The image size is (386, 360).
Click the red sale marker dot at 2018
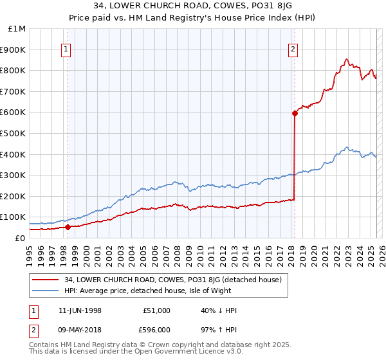tap(295, 113)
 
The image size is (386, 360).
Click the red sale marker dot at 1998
tap(68, 227)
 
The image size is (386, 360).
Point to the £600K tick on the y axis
tap(14, 113)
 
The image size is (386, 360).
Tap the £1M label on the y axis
tap(17, 29)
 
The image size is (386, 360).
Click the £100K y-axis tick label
tap(14, 217)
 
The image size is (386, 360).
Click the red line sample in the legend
tap(46, 280)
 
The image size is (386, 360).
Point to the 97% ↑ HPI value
tap(219, 329)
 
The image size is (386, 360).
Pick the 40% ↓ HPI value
tap(219, 310)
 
